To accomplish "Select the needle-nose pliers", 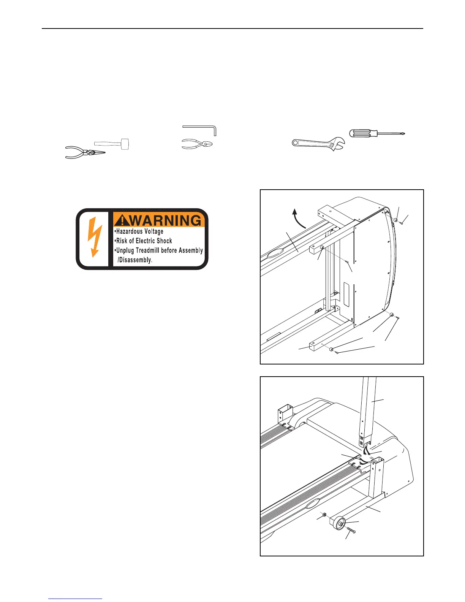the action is pyautogui.click(x=84, y=152).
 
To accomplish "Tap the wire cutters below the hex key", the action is pyautogui.click(x=197, y=144).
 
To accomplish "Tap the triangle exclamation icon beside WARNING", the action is pyautogui.click(x=122, y=220).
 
